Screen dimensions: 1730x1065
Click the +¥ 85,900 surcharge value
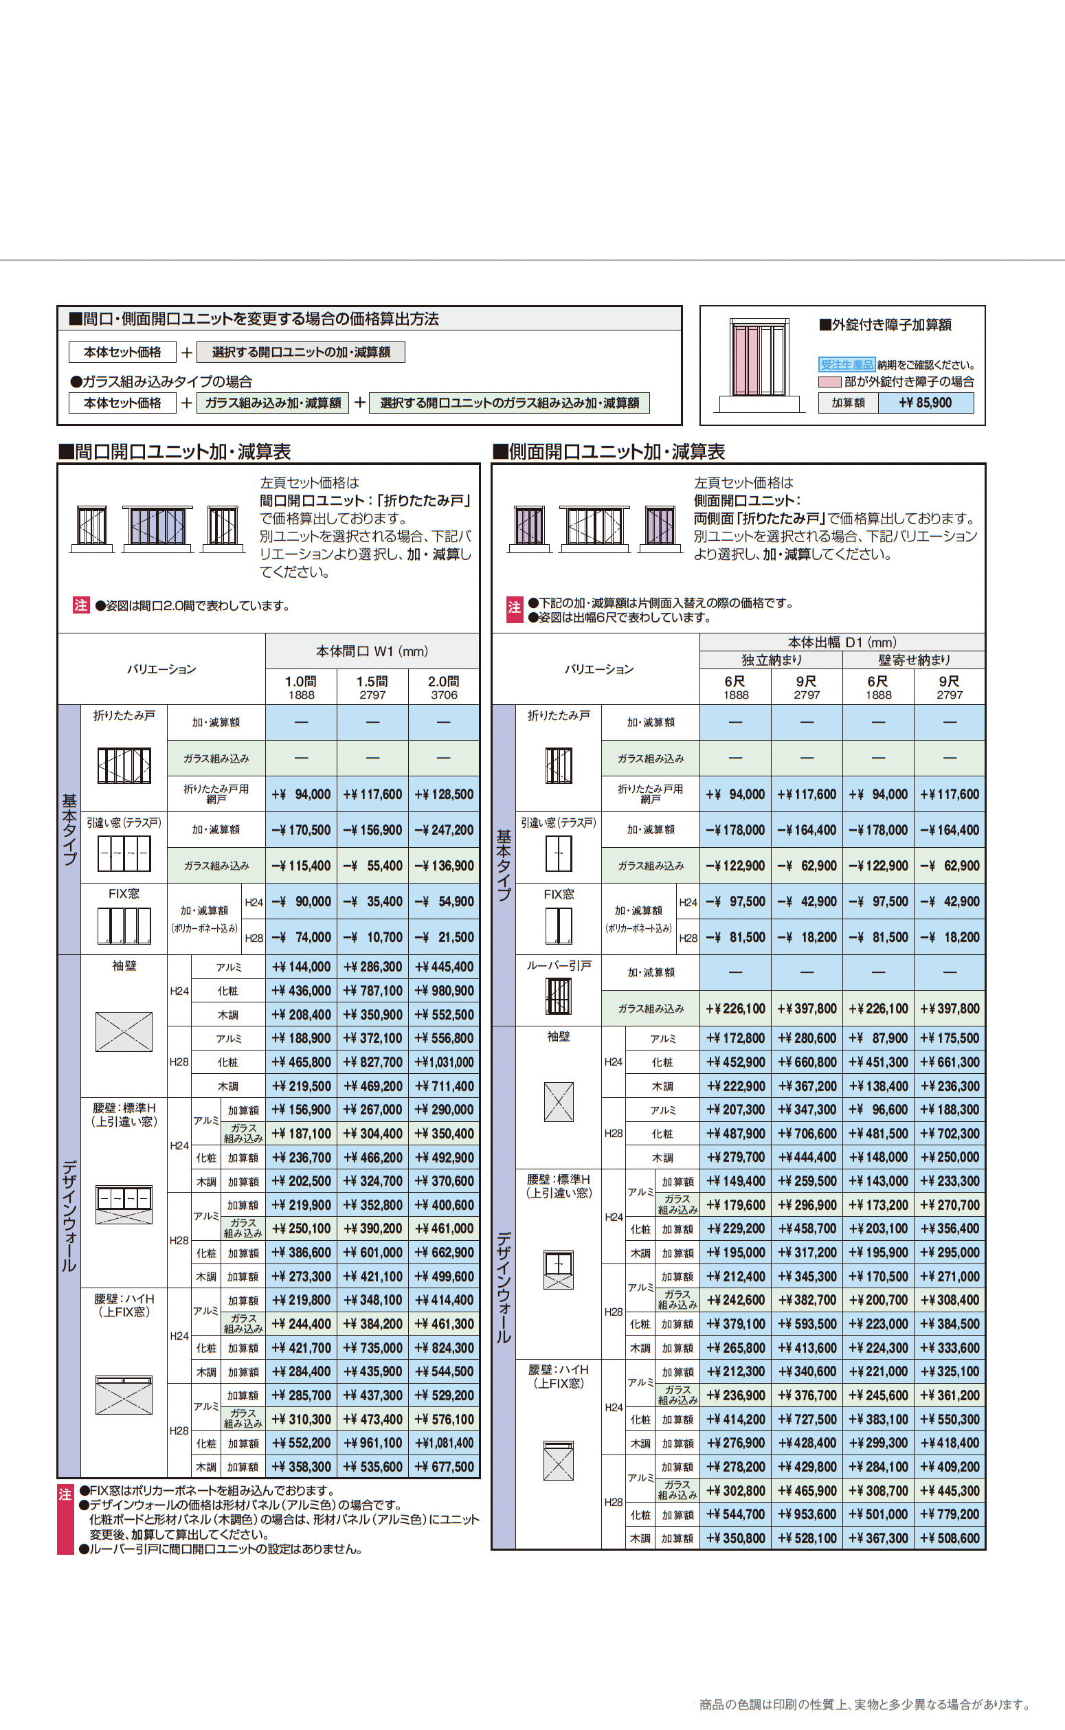point(925,403)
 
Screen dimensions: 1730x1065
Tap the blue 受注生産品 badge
point(846,364)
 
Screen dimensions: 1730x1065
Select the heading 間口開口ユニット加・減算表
point(174,451)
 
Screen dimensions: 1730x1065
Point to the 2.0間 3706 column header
point(444,687)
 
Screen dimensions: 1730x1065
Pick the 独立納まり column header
point(772,660)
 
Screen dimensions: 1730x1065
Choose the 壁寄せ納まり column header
point(914,660)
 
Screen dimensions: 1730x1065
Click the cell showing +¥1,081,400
point(444,1443)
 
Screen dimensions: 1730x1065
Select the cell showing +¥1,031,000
point(444,1061)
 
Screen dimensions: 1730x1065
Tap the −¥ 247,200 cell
point(444,830)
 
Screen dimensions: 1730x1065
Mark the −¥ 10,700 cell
point(372,937)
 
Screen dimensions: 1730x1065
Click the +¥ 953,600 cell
point(807,1514)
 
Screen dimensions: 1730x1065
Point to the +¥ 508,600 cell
point(950,1538)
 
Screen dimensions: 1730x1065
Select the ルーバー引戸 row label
point(559,965)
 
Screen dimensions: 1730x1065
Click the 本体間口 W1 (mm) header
point(372,651)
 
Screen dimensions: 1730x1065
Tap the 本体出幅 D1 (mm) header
point(842,642)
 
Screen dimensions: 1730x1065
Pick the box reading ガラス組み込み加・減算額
point(273,403)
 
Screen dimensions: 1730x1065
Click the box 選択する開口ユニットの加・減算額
point(301,352)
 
